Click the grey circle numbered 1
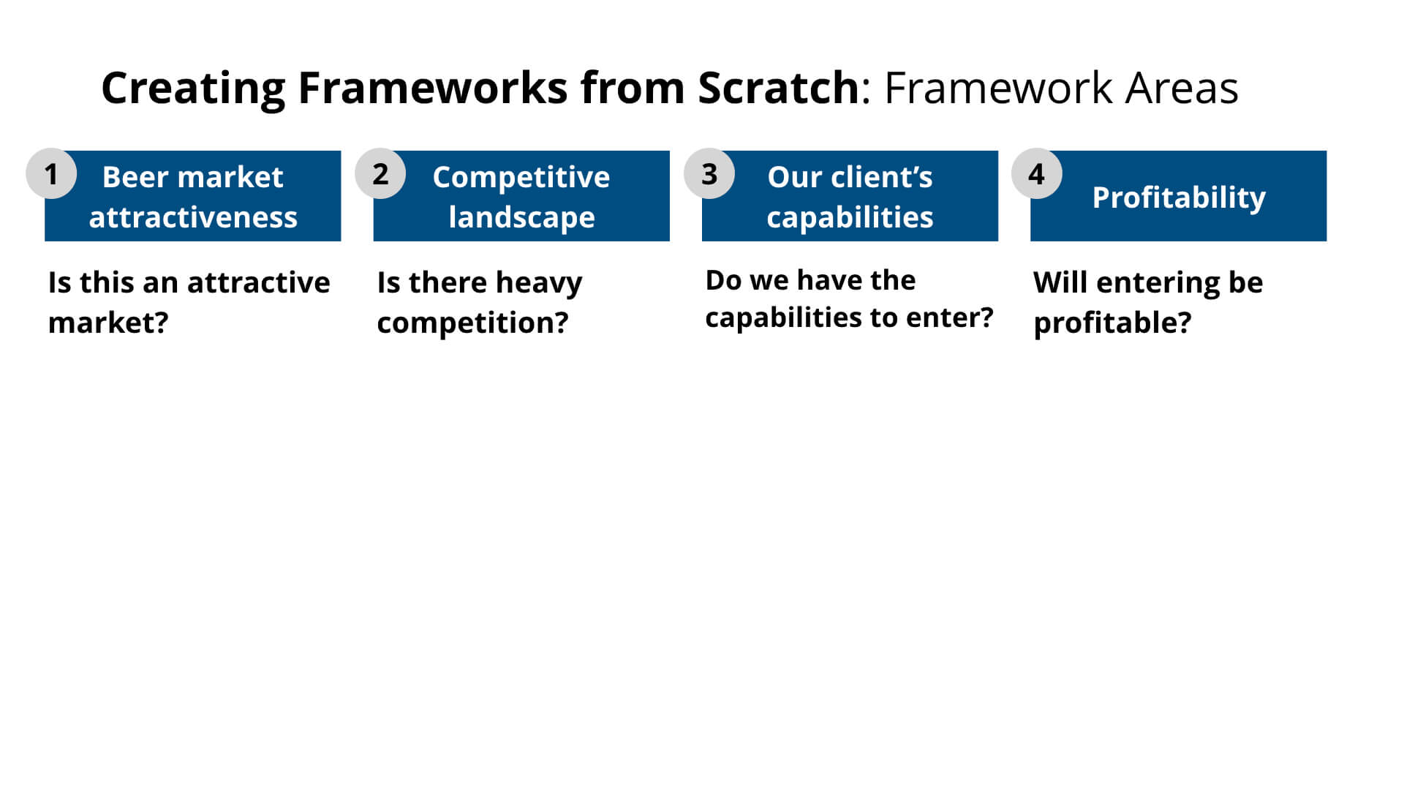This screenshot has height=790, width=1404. coord(51,174)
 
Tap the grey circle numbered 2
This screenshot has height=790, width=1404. coord(380,174)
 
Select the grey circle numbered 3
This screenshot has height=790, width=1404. coord(709,174)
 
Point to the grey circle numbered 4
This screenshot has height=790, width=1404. coord(1037,174)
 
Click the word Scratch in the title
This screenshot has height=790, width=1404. coord(778,89)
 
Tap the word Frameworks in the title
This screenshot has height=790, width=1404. coord(433,89)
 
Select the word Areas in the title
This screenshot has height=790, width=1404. coord(1182,89)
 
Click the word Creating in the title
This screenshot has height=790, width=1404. coord(193,89)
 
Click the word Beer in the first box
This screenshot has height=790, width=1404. coord(135,177)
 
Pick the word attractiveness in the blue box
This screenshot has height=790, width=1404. coord(193,217)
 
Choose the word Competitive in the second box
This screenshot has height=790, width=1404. coord(521,177)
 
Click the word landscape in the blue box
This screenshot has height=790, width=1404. coord(521,217)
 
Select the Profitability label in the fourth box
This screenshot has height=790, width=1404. coord(1179,197)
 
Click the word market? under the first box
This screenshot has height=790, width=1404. coord(108,323)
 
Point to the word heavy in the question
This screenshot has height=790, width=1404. coord(539,283)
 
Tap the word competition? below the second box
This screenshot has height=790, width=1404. coord(472,323)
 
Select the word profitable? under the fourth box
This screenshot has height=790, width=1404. coord(1112,323)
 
